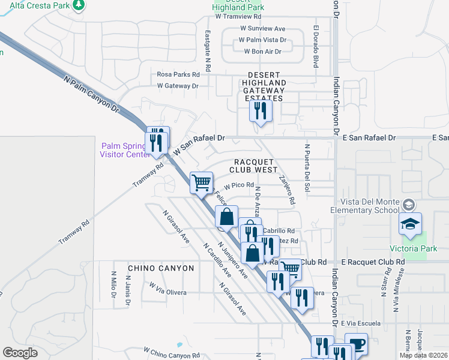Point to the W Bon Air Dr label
263,52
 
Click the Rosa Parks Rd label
178,74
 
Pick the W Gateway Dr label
178,86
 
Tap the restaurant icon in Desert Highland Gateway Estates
261,110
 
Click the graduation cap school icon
411,224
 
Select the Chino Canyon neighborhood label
161,268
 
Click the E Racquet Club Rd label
372,262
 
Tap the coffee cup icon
356,344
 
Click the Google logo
20,353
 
